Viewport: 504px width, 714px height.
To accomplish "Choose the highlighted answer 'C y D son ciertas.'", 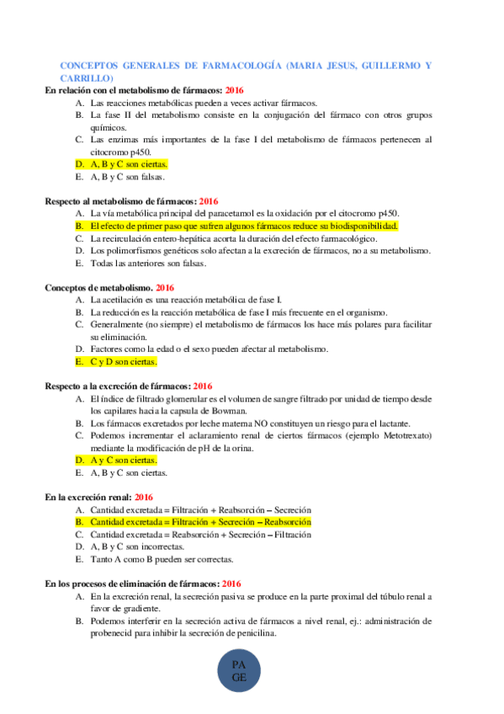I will (x=123, y=361).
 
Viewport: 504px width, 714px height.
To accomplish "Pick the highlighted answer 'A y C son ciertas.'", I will (x=124, y=460).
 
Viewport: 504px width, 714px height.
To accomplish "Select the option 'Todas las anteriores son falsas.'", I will (x=147, y=264).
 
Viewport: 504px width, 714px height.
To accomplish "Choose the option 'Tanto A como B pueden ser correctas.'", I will (x=157, y=559).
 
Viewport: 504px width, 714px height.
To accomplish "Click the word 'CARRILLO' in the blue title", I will (x=82, y=77).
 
